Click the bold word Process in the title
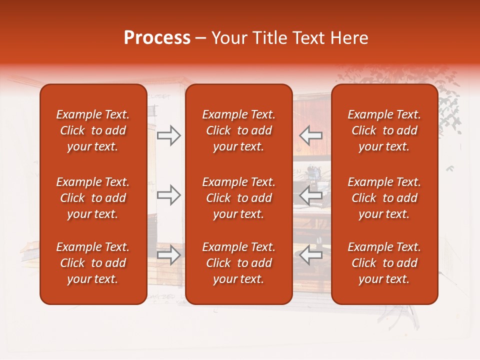click(x=157, y=38)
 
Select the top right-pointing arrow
click(x=169, y=135)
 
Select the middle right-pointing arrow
click(x=169, y=195)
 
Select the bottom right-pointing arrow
click(x=169, y=255)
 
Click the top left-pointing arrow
click(x=310, y=135)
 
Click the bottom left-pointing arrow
click(x=310, y=255)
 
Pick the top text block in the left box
click(x=93, y=130)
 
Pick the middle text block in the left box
click(x=93, y=198)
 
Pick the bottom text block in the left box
click(x=93, y=263)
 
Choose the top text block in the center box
click(x=238, y=130)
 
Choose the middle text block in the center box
click(x=238, y=198)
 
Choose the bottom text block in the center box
click(x=238, y=263)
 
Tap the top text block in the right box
click(x=384, y=130)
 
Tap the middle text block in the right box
click(x=384, y=198)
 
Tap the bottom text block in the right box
click(x=384, y=263)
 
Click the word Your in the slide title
click(x=228, y=38)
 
